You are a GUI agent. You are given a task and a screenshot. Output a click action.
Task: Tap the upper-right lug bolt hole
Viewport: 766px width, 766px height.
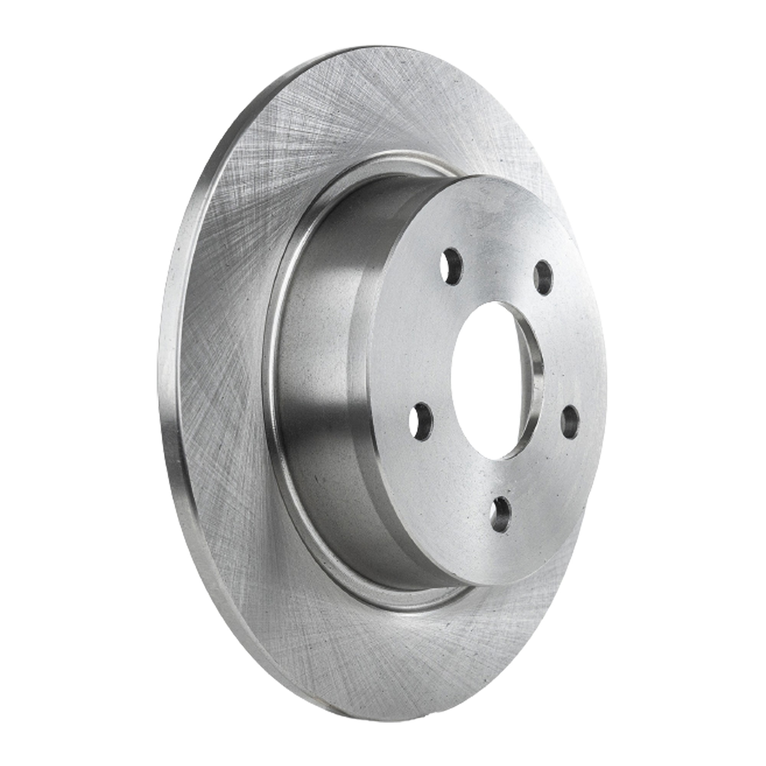pyautogui.click(x=543, y=278)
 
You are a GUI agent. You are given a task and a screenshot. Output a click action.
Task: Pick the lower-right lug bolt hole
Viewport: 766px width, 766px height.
pyautogui.click(x=570, y=422)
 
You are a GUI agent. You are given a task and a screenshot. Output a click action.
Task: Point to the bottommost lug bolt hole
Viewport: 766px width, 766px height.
pyautogui.click(x=501, y=514)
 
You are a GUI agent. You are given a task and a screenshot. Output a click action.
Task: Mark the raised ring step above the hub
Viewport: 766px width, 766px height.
pyautogui.click(x=376, y=159)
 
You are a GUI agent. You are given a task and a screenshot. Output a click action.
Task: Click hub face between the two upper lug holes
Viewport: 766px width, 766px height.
pyautogui.click(x=498, y=254)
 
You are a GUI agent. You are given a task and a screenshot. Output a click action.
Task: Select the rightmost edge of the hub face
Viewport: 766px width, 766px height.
pyautogui.click(x=606, y=381)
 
